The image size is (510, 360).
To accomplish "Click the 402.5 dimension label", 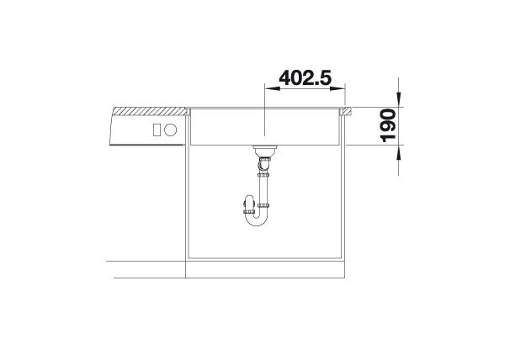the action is point(305,78).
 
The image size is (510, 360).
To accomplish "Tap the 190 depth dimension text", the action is point(388,125).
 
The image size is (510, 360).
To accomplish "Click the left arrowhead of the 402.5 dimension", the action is point(273,88).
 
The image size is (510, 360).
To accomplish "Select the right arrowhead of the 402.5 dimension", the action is point(337,88).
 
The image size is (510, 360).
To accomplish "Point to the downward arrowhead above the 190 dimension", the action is point(399,99).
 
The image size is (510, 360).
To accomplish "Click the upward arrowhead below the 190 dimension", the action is point(399,152).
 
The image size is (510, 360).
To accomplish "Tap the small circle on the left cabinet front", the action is point(170,130).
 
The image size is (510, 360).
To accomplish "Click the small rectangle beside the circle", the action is point(157,130).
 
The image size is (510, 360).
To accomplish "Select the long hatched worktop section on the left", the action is point(151,111).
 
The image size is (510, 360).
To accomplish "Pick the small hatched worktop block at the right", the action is point(345,111).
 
